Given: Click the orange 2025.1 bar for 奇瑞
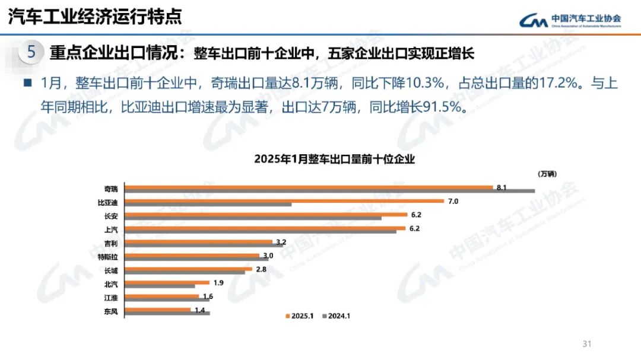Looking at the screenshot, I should (x=309, y=187).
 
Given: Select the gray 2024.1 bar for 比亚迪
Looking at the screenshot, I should (x=208, y=205).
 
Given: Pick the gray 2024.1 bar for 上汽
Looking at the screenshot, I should (x=261, y=231).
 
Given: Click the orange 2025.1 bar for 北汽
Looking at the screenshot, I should (x=167, y=282).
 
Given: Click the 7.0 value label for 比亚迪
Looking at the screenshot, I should (x=453, y=202).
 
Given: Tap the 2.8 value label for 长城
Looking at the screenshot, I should (x=261, y=269).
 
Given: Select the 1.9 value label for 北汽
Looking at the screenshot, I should (x=218, y=283).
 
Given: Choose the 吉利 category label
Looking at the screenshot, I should (x=111, y=244).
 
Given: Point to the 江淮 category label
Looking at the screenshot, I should (x=111, y=298).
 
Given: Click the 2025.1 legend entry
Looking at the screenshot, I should (x=299, y=316).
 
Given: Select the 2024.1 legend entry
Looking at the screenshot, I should (x=336, y=316).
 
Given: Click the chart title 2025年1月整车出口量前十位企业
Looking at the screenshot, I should (x=334, y=159).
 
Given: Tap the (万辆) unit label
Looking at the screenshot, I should (x=548, y=174).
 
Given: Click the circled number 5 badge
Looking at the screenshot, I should (x=31, y=53).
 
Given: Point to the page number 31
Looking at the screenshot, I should (x=588, y=344).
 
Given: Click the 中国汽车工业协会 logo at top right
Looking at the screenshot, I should (x=570, y=20).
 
